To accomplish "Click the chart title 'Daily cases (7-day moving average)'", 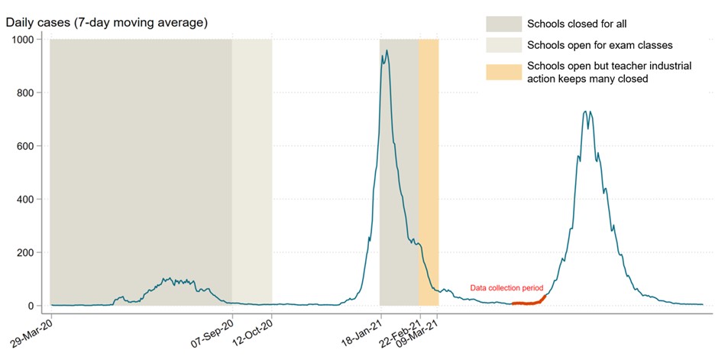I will pyautogui.click(x=107, y=22).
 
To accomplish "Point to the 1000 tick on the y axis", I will pyautogui.click(x=25, y=40).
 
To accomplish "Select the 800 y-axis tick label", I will pyautogui.click(x=28, y=93).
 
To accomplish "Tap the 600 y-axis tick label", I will pyautogui.click(x=28, y=146).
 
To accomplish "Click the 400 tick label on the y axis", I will pyautogui.click(x=28, y=199).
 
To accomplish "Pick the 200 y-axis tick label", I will pyautogui.click(x=28, y=253).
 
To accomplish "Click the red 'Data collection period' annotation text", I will pyautogui.click(x=506, y=287).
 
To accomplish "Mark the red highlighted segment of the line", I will pyautogui.click(x=529, y=303).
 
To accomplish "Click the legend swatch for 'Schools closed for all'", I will pyautogui.click(x=503, y=24).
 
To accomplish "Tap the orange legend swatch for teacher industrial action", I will pyautogui.click(x=503, y=72).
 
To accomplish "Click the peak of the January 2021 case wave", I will pyautogui.click(x=387, y=50).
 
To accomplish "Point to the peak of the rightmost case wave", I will pyautogui.click(x=587, y=112).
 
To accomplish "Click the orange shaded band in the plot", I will pyautogui.click(x=429, y=153).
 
